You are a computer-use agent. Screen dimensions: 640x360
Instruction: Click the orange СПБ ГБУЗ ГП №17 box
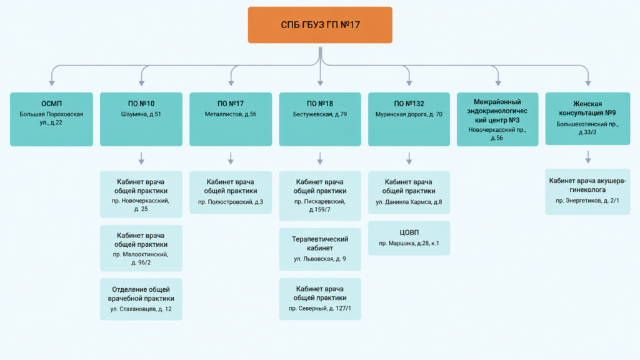[320, 25]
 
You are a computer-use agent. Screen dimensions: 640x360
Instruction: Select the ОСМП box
[51, 119]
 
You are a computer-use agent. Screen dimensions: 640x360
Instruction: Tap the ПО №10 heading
[141, 104]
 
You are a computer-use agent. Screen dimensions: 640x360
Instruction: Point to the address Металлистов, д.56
[231, 114]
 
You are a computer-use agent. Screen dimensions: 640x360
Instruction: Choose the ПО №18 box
[320, 119]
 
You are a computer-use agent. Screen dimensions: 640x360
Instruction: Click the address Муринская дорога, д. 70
[409, 114]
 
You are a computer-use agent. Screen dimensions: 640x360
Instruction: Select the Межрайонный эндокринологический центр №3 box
[497, 119]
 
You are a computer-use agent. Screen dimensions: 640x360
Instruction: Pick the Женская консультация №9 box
[587, 118]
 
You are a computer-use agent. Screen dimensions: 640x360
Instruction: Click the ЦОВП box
[409, 238]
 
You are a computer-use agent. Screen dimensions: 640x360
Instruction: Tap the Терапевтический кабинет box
[320, 249]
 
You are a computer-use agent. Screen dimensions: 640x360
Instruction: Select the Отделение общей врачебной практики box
[141, 299]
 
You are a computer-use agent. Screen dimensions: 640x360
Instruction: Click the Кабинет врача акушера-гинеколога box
[587, 192]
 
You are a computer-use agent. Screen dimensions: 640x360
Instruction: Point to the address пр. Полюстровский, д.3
[231, 202]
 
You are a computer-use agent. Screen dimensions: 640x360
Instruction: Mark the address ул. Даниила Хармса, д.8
[409, 202]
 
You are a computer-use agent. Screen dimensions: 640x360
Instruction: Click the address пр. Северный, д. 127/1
[320, 309]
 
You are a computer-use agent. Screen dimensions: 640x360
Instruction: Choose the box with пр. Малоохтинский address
[141, 248]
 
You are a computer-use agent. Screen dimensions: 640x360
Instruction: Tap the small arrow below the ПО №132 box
[409, 158]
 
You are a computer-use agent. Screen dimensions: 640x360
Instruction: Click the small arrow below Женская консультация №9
[588, 157]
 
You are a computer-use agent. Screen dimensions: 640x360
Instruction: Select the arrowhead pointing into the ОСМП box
[52, 83]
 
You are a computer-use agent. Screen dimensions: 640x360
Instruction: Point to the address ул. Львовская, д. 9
[320, 259]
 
